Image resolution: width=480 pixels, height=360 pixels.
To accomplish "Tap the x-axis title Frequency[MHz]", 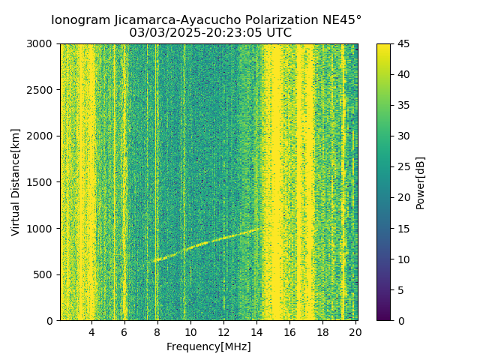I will tap(208, 346).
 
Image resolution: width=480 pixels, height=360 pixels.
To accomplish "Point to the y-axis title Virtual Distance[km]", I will tap(16, 181).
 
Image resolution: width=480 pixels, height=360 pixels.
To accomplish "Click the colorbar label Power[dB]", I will tap(421, 181).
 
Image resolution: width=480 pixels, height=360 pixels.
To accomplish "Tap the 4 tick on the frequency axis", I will tap(91, 332).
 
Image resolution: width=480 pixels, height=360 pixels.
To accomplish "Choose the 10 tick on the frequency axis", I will tap(190, 332).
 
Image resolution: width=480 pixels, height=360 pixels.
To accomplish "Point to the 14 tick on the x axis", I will tap(256, 332).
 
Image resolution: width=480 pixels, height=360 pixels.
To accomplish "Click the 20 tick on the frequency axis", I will tap(355, 332).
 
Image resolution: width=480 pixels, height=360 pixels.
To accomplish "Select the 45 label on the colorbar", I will tap(403, 43).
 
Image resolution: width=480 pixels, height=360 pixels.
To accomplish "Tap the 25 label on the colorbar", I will tap(403, 166).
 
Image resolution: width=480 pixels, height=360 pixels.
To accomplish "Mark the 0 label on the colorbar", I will tap(400, 320).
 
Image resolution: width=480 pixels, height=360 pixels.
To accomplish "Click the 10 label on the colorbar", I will tap(403, 259).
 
